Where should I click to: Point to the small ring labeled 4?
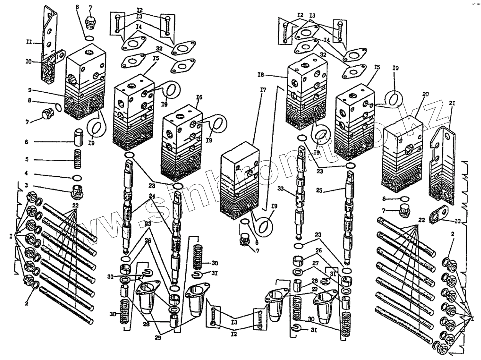tap(77, 177)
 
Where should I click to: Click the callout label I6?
tap(198, 97)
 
